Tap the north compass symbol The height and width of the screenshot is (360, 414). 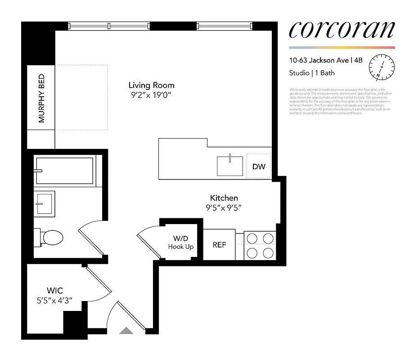[x=381, y=67]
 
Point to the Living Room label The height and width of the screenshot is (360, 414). [x=151, y=85]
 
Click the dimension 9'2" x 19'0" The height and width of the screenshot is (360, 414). [x=151, y=95]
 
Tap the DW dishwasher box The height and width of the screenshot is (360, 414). [x=258, y=166]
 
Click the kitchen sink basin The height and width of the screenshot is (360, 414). [x=229, y=166]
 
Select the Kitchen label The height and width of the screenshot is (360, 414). [x=224, y=198]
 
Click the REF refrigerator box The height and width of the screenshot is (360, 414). [x=219, y=245]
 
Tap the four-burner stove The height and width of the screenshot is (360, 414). [x=259, y=245]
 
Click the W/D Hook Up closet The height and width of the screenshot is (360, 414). [x=180, y=242]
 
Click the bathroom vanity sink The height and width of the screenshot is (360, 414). [x=44, y=203]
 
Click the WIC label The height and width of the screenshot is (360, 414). [x=54, y=291]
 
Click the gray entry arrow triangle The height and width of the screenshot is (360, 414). [x=126, y=331]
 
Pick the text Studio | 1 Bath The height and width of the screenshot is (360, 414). [x=311, y=72]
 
